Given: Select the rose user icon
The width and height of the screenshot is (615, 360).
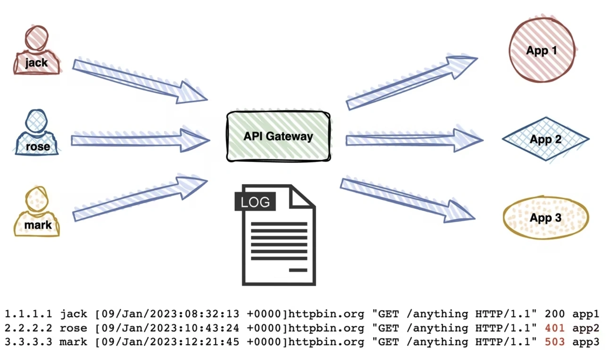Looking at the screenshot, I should pyautogui.click(x=37, y=133).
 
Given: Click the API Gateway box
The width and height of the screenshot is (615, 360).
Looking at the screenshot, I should pyautogui.click(x=278, y=136).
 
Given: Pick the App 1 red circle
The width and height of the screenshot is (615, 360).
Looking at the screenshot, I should pyautogui.click(x=542, y=50).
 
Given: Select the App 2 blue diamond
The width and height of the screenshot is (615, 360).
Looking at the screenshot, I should pyautogui.click(x=545, y=139).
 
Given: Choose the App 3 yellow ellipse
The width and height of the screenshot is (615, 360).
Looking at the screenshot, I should pyautogui.click(x=546, y=218).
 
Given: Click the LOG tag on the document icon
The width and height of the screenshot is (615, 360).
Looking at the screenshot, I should pyautogui.click(x=255, y=202).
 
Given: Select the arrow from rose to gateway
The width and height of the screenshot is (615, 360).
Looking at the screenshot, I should pyautogui.click(x=140, y=140).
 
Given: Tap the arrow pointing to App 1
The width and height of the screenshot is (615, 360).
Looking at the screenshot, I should pyautogui.click(x=411, y=83).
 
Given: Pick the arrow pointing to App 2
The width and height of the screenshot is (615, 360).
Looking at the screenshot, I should pyautogui.click(x=414, y=140).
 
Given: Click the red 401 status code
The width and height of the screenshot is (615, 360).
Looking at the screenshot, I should pyautogui.click(x=555, y=328).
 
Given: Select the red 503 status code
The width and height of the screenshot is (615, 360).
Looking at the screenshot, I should pyautogui.click(x=555, y=342).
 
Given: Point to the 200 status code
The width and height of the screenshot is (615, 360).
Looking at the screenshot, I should pyautogui.click(x=555, y=314).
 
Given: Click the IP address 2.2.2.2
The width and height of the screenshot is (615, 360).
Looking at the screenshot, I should pyautogui.click(x=28, y=328).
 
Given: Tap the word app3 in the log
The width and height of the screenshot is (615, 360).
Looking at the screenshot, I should pyautogui.click(x=586, y=342).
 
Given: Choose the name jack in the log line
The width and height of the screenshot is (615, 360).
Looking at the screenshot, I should pyautogui.click(x=74, y=314).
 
